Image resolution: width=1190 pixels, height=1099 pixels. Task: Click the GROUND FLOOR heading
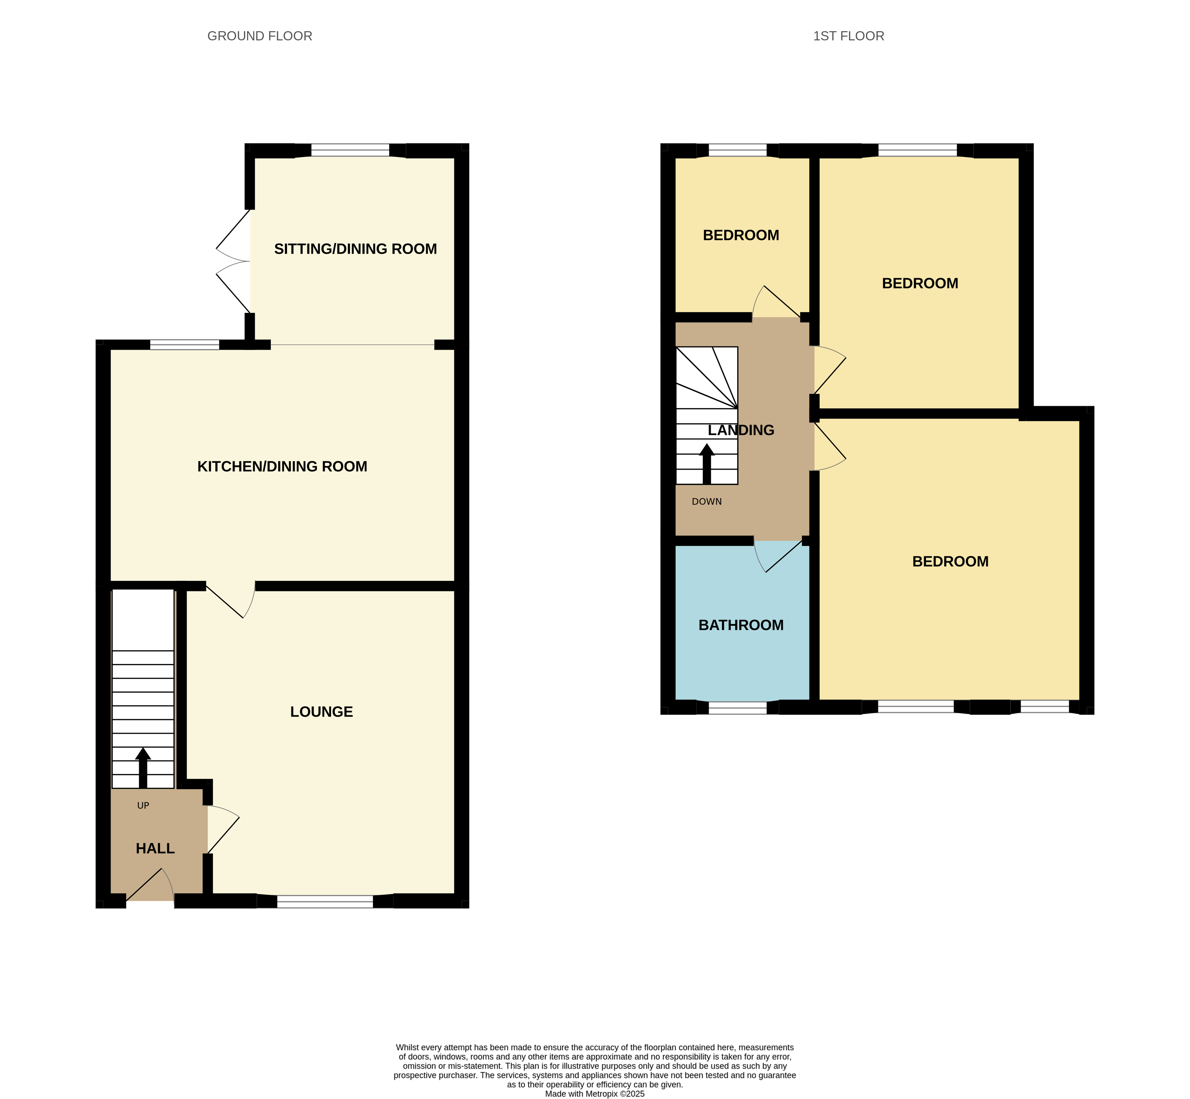(x=260, y=36)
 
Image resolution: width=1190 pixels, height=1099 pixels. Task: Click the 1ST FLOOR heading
(x=848, y=36)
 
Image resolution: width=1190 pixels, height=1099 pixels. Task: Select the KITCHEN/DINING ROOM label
(x=282, y=466)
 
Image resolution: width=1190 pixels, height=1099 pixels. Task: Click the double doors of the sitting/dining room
(x=232, y=261)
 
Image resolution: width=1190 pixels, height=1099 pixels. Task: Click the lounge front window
(x=325, y=901)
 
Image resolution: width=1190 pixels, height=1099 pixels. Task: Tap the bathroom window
(x=737, y=707)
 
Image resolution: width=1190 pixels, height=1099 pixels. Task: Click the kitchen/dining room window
(x=185, y=344)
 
